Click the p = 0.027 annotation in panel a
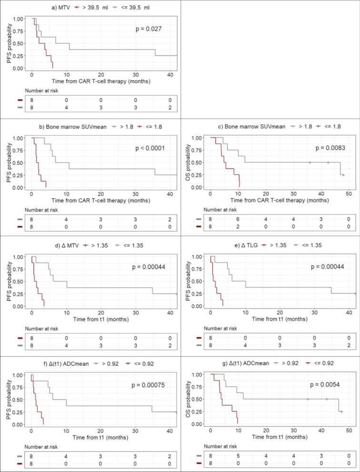coord(150,29)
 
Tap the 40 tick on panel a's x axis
coord(170,75)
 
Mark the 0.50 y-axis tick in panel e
coord(199,282)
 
